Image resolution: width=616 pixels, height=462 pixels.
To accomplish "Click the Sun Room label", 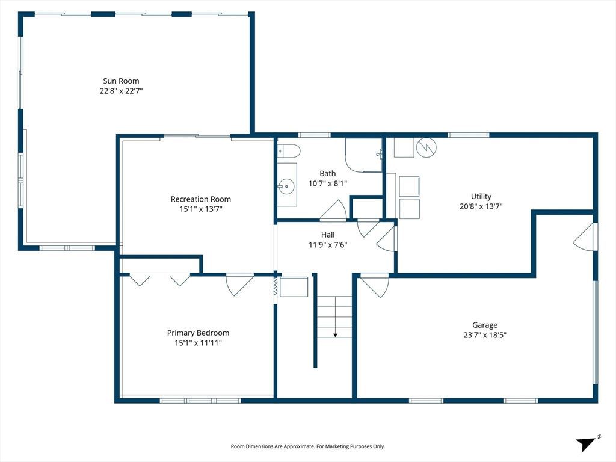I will click(x=121, y=81).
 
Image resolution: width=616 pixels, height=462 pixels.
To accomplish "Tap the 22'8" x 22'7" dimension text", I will click(x=121, y=91).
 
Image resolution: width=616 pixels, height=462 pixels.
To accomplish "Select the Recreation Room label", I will click(x=200, y=199).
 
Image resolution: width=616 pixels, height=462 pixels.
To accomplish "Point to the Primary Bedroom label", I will click(x=198, y=333).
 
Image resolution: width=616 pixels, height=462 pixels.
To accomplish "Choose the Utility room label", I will click(x=481, y=196).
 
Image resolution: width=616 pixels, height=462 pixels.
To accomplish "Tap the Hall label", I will click(x=328, y=235).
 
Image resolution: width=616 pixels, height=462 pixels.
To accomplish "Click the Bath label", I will click(x=328, y=173).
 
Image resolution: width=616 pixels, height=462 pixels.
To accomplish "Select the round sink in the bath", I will click(x=287, y=186).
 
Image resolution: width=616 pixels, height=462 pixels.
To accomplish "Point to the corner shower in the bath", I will click(x=364, y=155).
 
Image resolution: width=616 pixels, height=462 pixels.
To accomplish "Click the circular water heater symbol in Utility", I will click(x=427, y=146).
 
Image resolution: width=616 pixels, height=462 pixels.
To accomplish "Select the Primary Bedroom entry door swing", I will click(x=239, y=284).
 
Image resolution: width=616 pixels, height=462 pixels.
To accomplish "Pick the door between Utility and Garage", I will click(x=585, y=236).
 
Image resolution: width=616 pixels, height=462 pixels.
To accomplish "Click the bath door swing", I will click(x=333, y=211).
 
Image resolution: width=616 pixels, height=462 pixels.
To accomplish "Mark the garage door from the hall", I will click(x=374, y=285).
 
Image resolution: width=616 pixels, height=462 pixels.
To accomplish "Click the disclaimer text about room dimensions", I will click(x=307, y=446).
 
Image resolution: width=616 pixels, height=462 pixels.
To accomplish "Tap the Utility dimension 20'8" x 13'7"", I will click(x=481, y=206).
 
